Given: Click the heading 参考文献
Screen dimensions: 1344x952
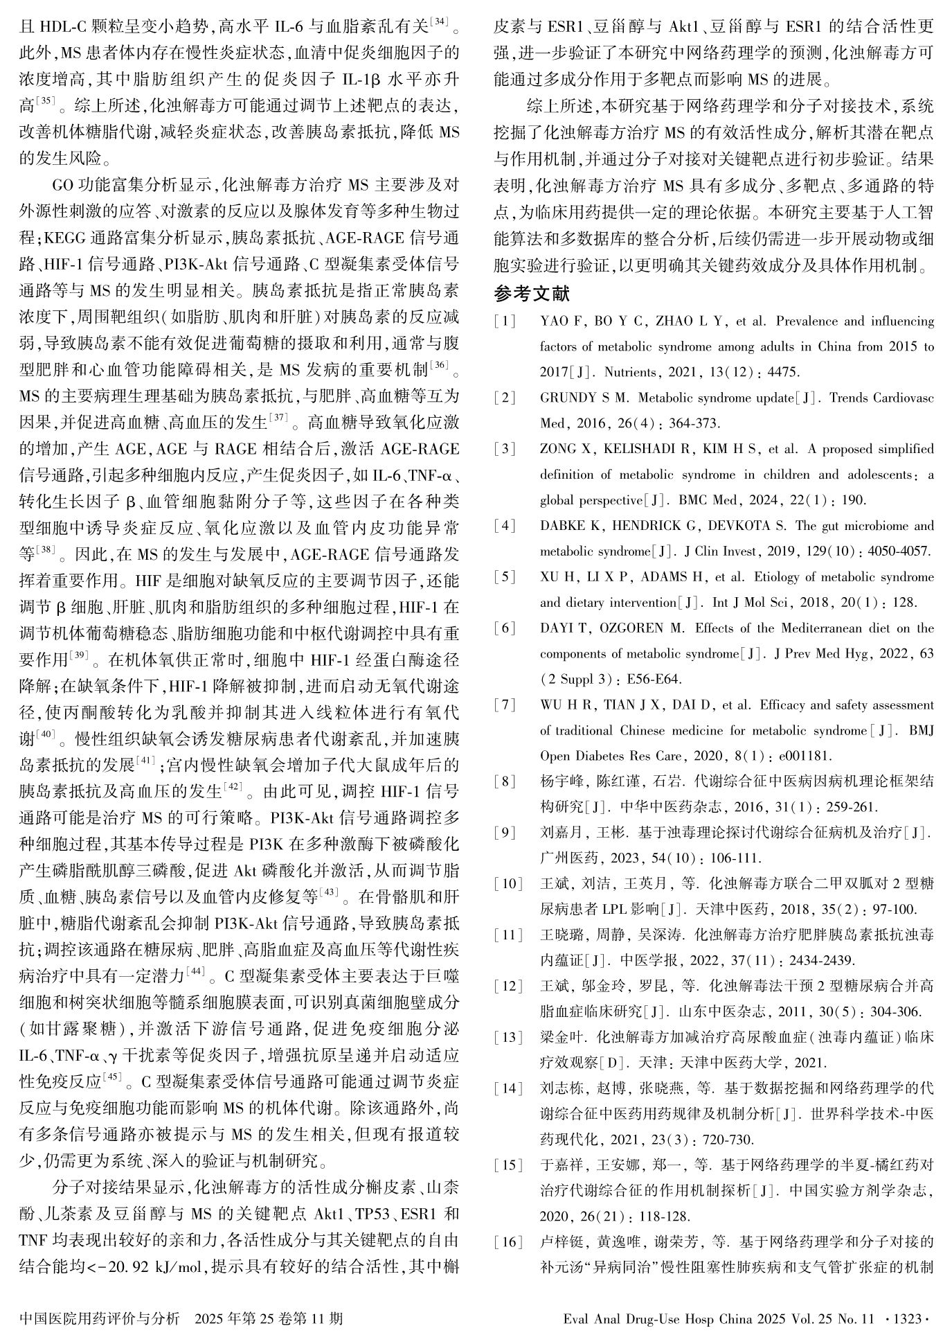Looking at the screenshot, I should (532, 294).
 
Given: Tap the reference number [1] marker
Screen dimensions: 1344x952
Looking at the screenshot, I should (505, 321).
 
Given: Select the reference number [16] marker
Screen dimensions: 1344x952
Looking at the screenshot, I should (508, 1241).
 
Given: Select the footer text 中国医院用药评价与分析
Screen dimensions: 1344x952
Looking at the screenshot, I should (100, 1318).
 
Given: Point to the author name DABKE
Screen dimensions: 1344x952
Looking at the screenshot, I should (561, 526).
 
